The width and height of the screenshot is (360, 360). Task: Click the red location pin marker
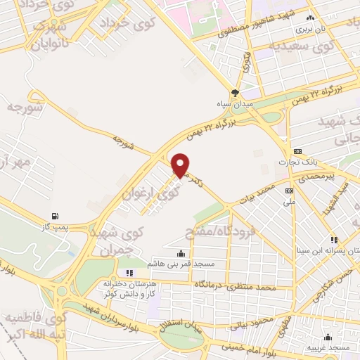tap(181, 165)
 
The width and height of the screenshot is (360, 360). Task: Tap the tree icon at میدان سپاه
tap(236, 93)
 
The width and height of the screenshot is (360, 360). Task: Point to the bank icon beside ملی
tap(289, 191)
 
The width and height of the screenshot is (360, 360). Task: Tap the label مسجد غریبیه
tap(328, 348)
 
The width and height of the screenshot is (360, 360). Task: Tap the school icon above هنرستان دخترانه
tap(129, 273)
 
